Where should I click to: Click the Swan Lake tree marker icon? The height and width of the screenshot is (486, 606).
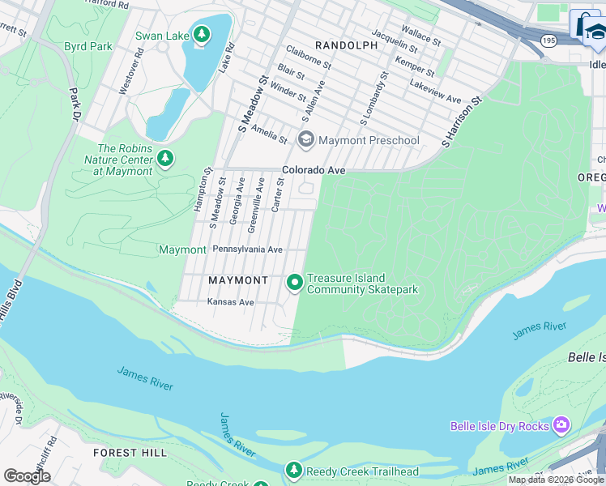click(x=201, y=34)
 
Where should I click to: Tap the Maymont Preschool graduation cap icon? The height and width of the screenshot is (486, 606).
click(x=305, y=140)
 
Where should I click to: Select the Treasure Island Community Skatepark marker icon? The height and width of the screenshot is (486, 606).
click(x=294, y=283)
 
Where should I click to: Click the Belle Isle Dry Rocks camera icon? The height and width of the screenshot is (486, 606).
click(x=561, y=425)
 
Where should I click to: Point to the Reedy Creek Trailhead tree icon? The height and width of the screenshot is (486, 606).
click(x=293, y=471)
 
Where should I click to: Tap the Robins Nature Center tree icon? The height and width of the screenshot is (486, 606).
click(x=165, y=157)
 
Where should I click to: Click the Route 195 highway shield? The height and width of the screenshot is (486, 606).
click(x=549, y=40)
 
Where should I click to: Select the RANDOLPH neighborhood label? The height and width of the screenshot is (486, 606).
click(x=346, y=45)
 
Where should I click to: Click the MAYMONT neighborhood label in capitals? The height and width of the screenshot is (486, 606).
click(x=238, y=280)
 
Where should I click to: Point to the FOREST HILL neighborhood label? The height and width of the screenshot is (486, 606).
click(x=130, y=452)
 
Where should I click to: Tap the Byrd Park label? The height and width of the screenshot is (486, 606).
click(x=88, y=46)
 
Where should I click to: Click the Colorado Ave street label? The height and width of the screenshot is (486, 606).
click(x=314, y=170)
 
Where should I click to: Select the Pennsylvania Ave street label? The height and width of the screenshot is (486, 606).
click(x=247, y=249)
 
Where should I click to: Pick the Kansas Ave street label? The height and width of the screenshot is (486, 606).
click(x=231, y=302)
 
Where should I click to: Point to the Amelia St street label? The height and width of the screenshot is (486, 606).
click(x=269, y=134)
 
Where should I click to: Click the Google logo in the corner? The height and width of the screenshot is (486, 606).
click(x=28, y=476)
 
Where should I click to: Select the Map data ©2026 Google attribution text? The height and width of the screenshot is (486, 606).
click(x=556, y=480)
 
